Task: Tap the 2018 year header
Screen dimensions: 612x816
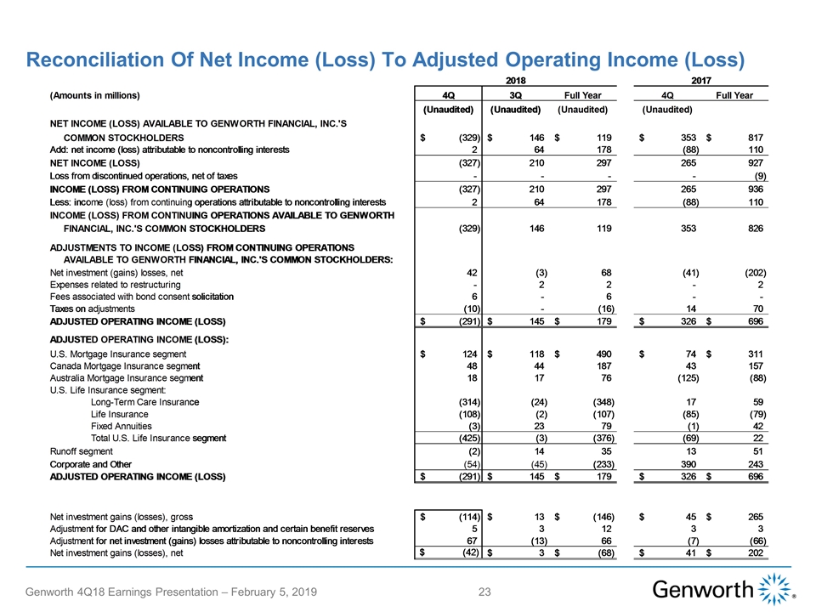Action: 515,80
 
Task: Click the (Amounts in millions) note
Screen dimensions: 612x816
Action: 94,95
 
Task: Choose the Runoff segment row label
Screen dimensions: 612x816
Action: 82,451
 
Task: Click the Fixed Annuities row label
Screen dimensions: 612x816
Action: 121,426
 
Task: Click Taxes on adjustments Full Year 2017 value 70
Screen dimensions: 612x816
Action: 757,309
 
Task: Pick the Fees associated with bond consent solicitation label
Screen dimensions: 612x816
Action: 142,297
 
